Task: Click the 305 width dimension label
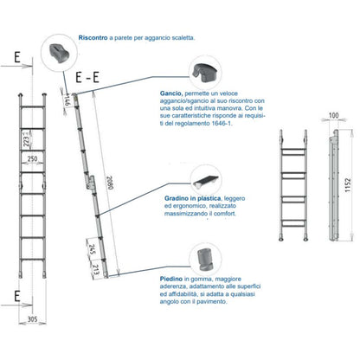(x=33, y=319)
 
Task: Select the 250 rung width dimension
(x=32, y=158)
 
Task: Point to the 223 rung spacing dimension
(x=26, y=141)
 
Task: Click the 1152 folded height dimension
(x=348, y=185)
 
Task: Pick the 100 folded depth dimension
(x=333, y=115)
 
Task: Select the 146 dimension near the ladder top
(x=67, y=101)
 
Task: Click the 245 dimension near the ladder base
(x=93, y=250)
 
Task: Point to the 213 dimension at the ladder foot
(x=96, y=268)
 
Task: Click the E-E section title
(x=87, y=77)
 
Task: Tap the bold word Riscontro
(x=93, y=38)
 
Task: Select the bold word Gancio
(x=170, y=93)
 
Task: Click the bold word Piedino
(x=171, y=279)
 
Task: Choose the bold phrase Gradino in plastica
(x=193, y=198)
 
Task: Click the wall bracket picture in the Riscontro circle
(x=60, y=54)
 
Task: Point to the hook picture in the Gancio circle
(x=205, y=73)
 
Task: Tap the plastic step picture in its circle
(x=206, y=181)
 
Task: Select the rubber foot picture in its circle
(x=205, y=259)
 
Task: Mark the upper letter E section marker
(x=17, y=57)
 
